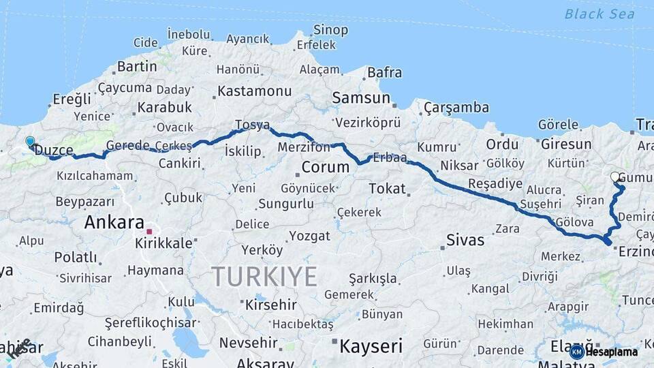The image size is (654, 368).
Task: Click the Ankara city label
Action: coord(114,222)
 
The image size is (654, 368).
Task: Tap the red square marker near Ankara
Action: coord(149,232)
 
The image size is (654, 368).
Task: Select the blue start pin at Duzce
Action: coord(30,142)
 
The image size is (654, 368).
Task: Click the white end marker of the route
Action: coord(615,177)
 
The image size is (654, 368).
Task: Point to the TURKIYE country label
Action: coord(264,277)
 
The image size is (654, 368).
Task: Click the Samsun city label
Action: coord(361,98)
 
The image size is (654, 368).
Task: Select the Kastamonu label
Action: coord(255,91)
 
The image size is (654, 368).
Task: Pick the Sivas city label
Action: coord(465,239)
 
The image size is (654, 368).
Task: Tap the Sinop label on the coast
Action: coord(330,30)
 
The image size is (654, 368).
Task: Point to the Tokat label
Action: coord(387,188)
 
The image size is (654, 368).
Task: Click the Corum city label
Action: coord(325,167)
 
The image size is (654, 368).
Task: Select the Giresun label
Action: coord(565,144)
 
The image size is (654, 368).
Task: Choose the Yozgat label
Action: coord(309,236)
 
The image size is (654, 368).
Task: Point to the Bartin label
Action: coord(137,66)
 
